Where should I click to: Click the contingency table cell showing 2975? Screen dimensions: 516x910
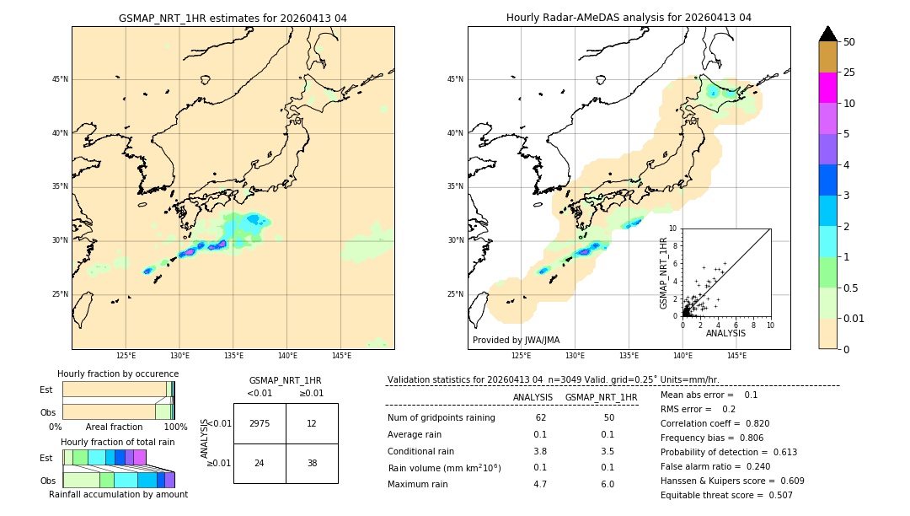(x=260, y=423)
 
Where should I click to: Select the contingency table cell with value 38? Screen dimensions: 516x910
(x=312, y=463)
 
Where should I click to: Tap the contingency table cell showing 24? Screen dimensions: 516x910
(x=260, y=463)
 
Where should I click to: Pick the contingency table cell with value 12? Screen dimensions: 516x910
(x=312, y=423)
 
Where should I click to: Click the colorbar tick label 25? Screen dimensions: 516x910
(x=849, y=73)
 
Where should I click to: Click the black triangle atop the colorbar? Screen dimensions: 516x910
(x=828, y=34)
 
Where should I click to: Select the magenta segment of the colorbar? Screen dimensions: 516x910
(x=828, y=88)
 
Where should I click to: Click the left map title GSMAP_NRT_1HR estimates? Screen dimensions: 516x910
(x=233, y=18)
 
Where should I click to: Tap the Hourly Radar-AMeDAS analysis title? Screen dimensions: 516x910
(x=629, y=18)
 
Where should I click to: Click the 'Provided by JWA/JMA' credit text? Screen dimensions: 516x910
(x=516, y=340)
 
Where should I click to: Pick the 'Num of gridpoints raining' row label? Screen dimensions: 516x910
(x=441, y=418)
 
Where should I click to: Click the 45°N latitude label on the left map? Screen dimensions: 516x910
(x=59, y=79)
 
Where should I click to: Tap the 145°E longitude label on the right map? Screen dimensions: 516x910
(x=736, y=356)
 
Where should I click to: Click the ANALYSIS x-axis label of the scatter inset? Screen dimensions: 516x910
(x=725, y=333)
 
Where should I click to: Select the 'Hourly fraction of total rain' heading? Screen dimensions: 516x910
(x=118, y=442)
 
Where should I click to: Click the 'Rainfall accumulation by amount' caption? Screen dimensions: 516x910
(x=118, y=495)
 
